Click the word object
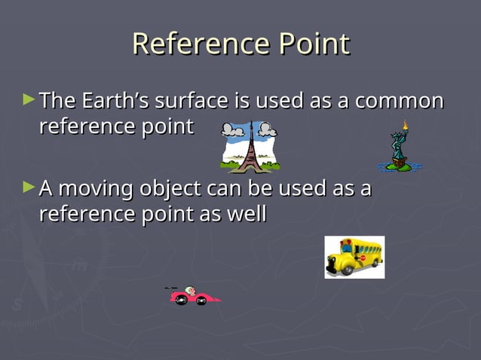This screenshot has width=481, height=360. pyautogui.click(x=170, y=188)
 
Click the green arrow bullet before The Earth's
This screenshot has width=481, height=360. pyautogui.click(x=29, y=99)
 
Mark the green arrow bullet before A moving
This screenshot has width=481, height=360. pyautogui.click(x=29, y=186)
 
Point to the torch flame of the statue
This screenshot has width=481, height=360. pyautogui.click(x=405, y=124)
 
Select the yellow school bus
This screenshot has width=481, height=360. pyautogui.click(x=354, y=257)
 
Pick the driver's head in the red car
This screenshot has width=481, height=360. pyautogui.click(x=192, y=290)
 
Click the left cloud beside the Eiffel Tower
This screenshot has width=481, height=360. pyautogui.click(x=232, y=130)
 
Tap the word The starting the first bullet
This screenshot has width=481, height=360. pyautogui.click(x=58, y=100)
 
